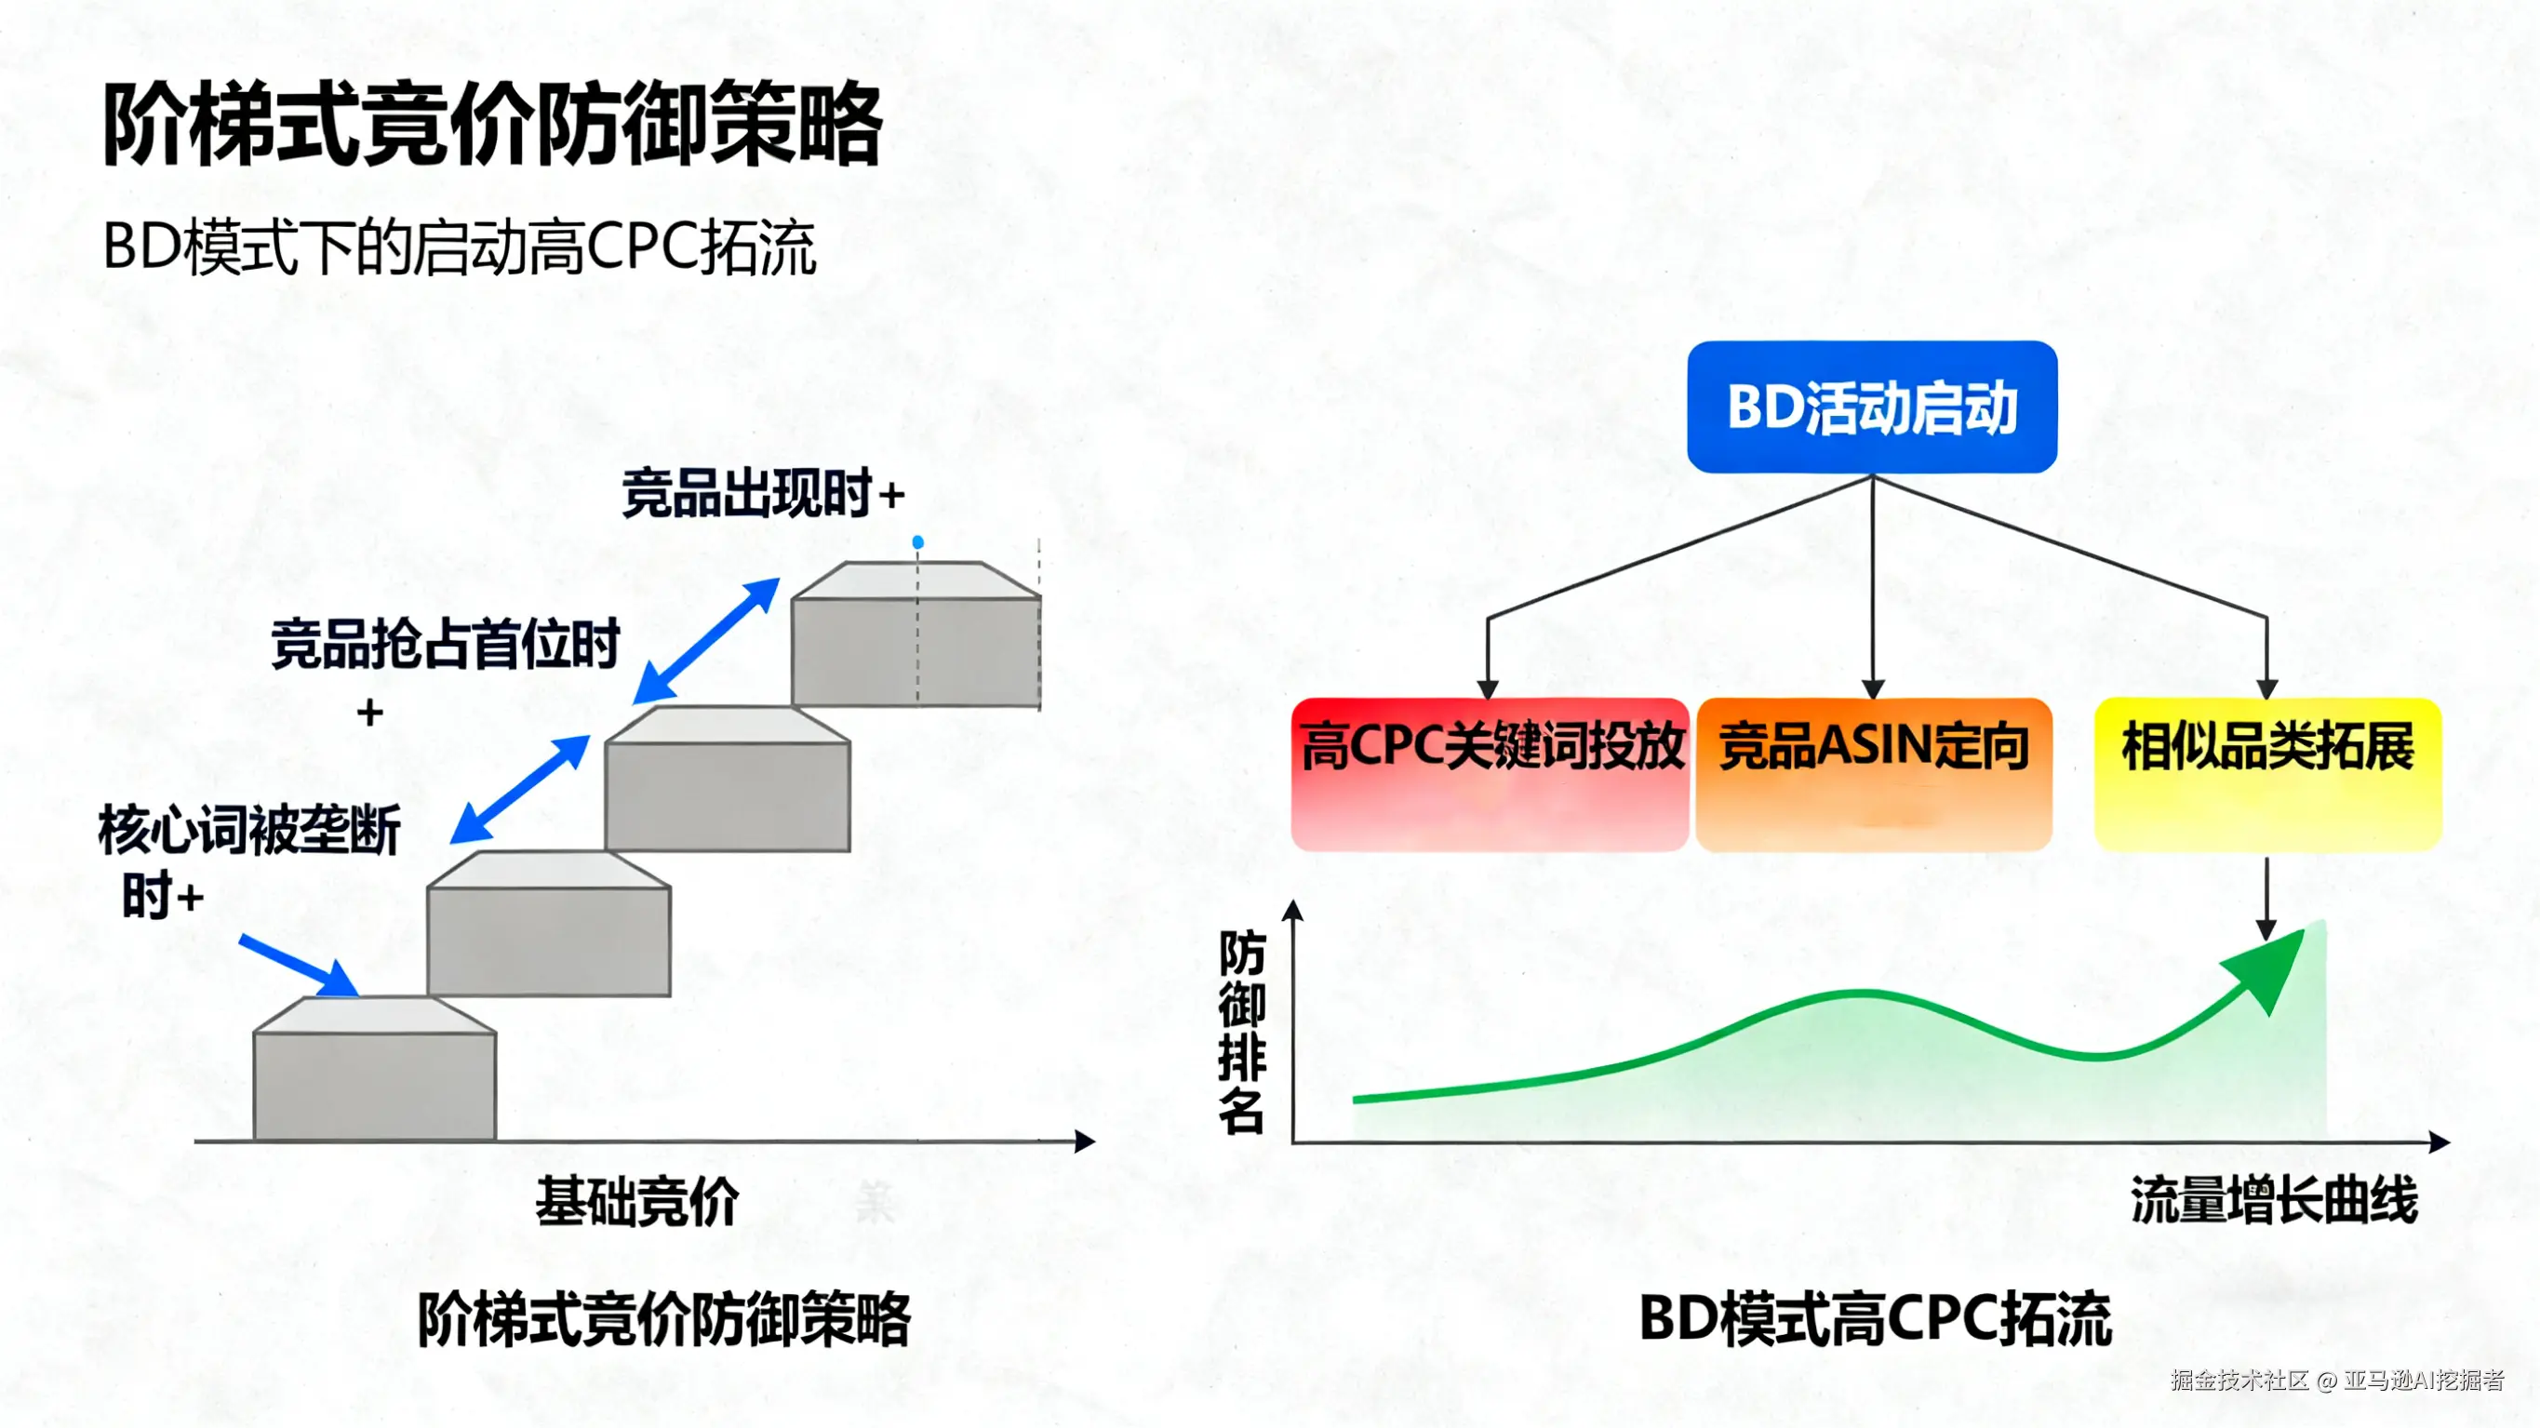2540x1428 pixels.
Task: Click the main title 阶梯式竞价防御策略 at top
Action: pos(492,126)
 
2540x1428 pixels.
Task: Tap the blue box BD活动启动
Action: pos(1871,407)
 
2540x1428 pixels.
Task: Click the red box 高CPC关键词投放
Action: pos(1490,773)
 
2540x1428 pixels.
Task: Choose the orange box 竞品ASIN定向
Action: pos(1874,773)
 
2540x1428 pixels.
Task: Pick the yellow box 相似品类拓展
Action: pos(2266,773)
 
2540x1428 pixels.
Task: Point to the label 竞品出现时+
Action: pos(762,493)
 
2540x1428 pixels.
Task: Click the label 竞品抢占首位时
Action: pos(445,644)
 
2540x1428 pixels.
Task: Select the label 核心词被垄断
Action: pos(248,830)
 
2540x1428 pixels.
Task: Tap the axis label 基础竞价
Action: pos(637,1202)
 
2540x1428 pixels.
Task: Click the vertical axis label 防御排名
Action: pos(1240,1031)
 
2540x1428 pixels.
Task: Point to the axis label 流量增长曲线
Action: pos(2273,1201)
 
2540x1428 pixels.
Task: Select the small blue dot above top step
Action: pos(918,542)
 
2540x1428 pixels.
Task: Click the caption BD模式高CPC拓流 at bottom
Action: pos(1875,1318)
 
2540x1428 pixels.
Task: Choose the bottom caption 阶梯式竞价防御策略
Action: pos(662,1318)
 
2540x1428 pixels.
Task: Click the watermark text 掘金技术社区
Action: pos(2239,1380)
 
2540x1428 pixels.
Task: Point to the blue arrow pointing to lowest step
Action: pos(299,966)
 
